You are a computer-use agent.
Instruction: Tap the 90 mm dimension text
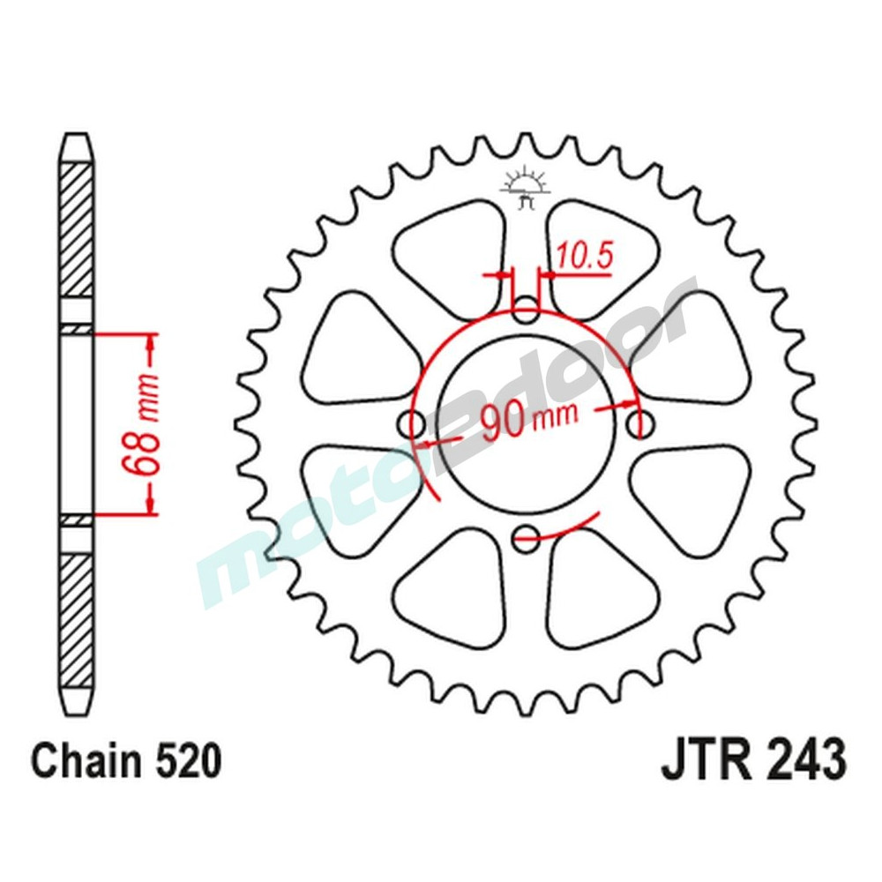[527, 422]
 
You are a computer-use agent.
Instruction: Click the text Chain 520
[125, 761]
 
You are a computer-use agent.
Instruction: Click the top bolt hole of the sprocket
[527, 311]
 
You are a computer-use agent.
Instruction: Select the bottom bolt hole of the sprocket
[527, 534]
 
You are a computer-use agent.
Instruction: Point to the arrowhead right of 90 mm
[628, 406]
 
